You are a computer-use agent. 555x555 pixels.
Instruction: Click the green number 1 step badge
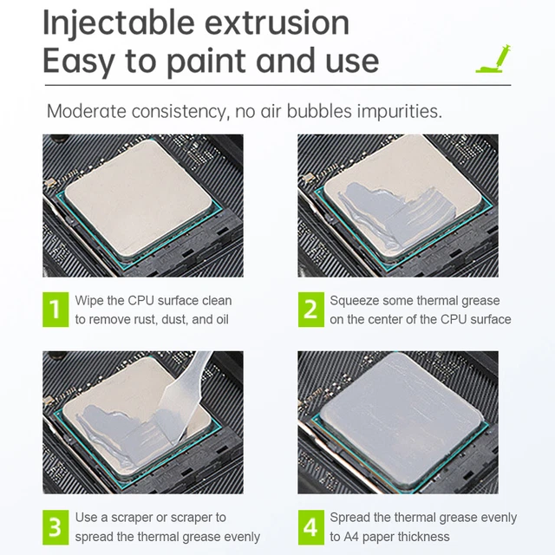point(55,310)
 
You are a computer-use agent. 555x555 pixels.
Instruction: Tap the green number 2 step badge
point(310,310)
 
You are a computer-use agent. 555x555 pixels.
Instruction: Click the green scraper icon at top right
point(491,60)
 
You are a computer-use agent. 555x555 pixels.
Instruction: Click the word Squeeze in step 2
point(355,301)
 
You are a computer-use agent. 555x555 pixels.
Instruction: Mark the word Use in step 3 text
point(86,518)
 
